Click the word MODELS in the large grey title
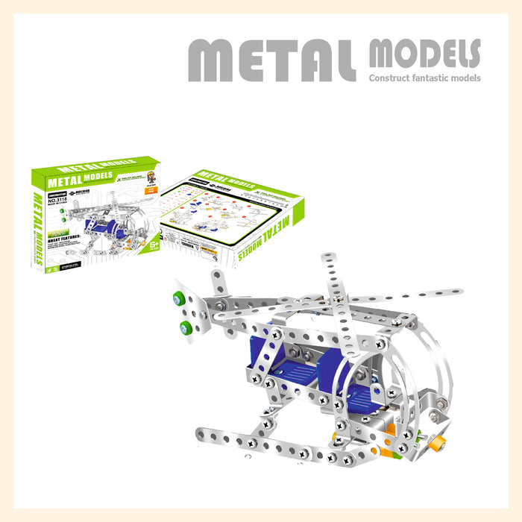click(x=424, y=54)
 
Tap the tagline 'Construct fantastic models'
click(x=425, y=78)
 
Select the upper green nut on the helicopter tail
click(x=179, y=298)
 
